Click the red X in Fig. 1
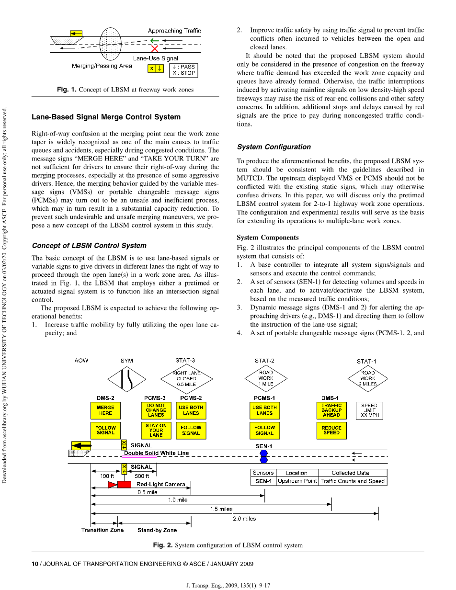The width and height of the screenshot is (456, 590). pos(155,49)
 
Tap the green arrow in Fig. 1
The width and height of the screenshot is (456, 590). pos(155,41)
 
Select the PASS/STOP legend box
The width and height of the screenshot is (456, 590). pos(183,70)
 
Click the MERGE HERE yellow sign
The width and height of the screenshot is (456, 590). pos(105,410)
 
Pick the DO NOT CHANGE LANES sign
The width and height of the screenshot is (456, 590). pos(156,410)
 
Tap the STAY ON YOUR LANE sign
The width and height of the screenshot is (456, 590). pos(156,431)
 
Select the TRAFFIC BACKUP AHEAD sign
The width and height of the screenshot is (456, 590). pos(331,410)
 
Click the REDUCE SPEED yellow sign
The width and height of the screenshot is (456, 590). pos(331,431)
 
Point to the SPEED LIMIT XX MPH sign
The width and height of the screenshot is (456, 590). pos(369,410)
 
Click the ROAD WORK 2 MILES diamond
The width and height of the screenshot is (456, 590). pos(368,378)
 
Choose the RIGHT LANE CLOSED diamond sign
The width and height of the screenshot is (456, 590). pos(187,379)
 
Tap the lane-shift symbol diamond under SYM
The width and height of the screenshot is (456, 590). pos(127,379)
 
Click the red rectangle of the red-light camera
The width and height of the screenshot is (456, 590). pos(124,484)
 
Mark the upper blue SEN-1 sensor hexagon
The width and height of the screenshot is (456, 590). pos(264,453)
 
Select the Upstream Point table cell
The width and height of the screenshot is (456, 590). pos(297,481)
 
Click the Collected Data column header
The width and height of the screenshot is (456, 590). pos(350,473)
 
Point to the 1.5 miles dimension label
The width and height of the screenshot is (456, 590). pos(221,509)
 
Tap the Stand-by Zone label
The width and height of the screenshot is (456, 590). pos(157,530)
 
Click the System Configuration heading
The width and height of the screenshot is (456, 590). pos(274,147)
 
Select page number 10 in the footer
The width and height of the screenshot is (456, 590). pos(35,564)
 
